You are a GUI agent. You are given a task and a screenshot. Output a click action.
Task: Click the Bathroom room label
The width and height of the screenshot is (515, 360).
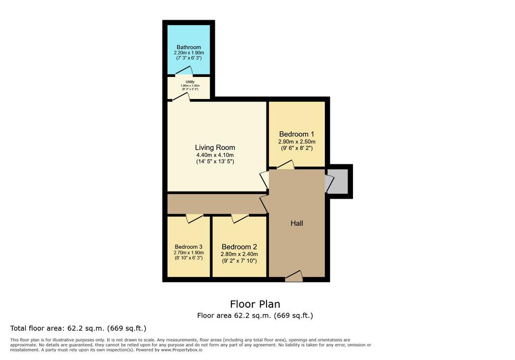coord(189,47)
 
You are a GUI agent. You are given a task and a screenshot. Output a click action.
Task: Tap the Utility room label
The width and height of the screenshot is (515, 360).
coord(190,82)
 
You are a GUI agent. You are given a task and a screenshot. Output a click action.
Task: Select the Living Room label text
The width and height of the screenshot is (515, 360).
coord(215,147)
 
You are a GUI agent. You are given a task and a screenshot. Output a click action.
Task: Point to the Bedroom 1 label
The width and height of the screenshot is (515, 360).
coord(297,134)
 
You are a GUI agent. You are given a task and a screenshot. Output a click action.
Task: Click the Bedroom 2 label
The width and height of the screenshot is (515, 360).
coord(239,247)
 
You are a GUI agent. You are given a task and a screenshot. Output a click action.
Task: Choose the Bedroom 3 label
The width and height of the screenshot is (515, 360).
coord(189,247)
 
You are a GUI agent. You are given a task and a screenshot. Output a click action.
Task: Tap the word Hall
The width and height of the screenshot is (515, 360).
coord(297,223)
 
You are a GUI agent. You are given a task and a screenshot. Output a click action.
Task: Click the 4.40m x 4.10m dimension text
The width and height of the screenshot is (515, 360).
coord(215,155)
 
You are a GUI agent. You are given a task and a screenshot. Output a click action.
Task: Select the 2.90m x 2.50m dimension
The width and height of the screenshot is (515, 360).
coord(297,142)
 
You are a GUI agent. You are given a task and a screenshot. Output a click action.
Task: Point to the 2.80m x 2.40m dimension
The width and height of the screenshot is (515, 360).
coord(239,254)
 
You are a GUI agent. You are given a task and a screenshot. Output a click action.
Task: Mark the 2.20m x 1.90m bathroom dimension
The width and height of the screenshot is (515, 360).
coord(189,53)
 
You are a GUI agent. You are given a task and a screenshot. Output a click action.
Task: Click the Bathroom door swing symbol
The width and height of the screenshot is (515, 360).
coord(184,70)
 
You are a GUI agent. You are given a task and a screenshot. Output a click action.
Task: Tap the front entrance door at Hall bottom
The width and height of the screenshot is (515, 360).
coord(294,276)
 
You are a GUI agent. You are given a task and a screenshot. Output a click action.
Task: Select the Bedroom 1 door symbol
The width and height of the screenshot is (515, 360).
coord(286,164)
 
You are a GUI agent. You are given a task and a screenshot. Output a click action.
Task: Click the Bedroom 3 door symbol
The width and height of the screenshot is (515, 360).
coord(195,218)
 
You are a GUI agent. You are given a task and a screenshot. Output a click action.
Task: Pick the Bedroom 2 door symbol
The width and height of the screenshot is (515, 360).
coord(240,218)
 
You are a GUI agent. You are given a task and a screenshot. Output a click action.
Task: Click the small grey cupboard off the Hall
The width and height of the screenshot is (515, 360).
coord(337,182)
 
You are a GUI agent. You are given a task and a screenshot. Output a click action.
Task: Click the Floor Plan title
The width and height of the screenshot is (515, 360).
coord(255,304)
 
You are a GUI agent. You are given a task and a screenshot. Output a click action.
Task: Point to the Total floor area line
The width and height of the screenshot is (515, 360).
coord(78,328)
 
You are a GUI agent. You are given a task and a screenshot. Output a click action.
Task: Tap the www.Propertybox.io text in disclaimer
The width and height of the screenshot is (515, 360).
coord(182,350)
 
